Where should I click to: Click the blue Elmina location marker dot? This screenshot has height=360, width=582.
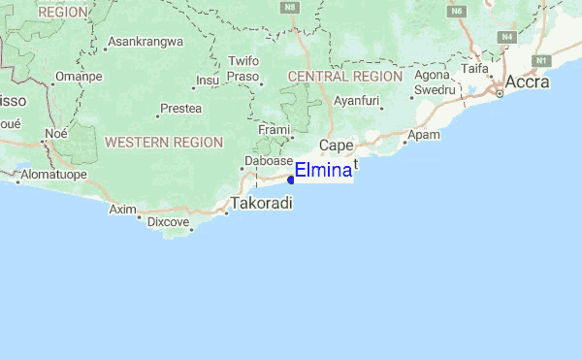291,179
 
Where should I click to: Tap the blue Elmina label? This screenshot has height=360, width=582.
323,171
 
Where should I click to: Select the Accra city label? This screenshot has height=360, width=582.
527,82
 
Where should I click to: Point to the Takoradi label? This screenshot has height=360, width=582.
261,204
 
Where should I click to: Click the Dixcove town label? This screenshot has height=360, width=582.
168,221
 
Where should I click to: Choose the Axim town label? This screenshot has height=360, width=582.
122,209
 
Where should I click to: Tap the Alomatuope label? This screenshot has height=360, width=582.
54,175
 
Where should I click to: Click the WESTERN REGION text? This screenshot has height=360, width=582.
164,142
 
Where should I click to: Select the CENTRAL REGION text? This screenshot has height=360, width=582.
345,76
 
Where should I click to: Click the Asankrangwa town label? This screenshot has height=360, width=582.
145,43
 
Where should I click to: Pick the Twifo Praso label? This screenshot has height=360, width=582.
242,68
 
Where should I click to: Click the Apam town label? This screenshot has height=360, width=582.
423,136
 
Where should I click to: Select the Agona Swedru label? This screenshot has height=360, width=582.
435,82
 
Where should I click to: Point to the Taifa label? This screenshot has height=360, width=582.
474,69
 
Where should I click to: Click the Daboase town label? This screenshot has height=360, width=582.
269,160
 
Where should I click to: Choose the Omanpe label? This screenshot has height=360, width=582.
79,76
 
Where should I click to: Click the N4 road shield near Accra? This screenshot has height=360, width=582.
506,37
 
